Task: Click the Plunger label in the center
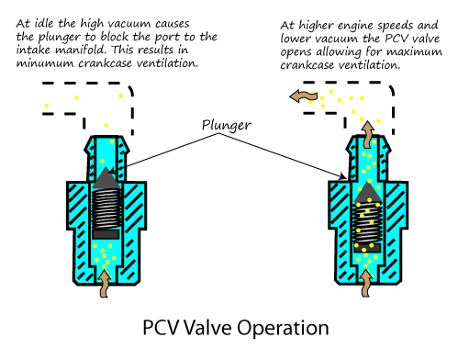click(x=227, y=125)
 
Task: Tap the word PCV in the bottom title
click(x=161, y=328)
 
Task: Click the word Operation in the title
click(x=283, y=329)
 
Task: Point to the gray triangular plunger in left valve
click(x=106, y=178)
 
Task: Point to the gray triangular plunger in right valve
click(x=368, y=193)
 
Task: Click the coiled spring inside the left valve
click(x=106, y=208)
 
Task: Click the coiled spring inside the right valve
click(x=367, y=223)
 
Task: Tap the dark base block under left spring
click(x=106, y=234)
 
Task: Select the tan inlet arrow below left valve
click(x=105, y=284)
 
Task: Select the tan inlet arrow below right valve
click(x=365, y=283)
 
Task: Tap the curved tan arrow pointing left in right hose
click(x=304, y=96)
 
